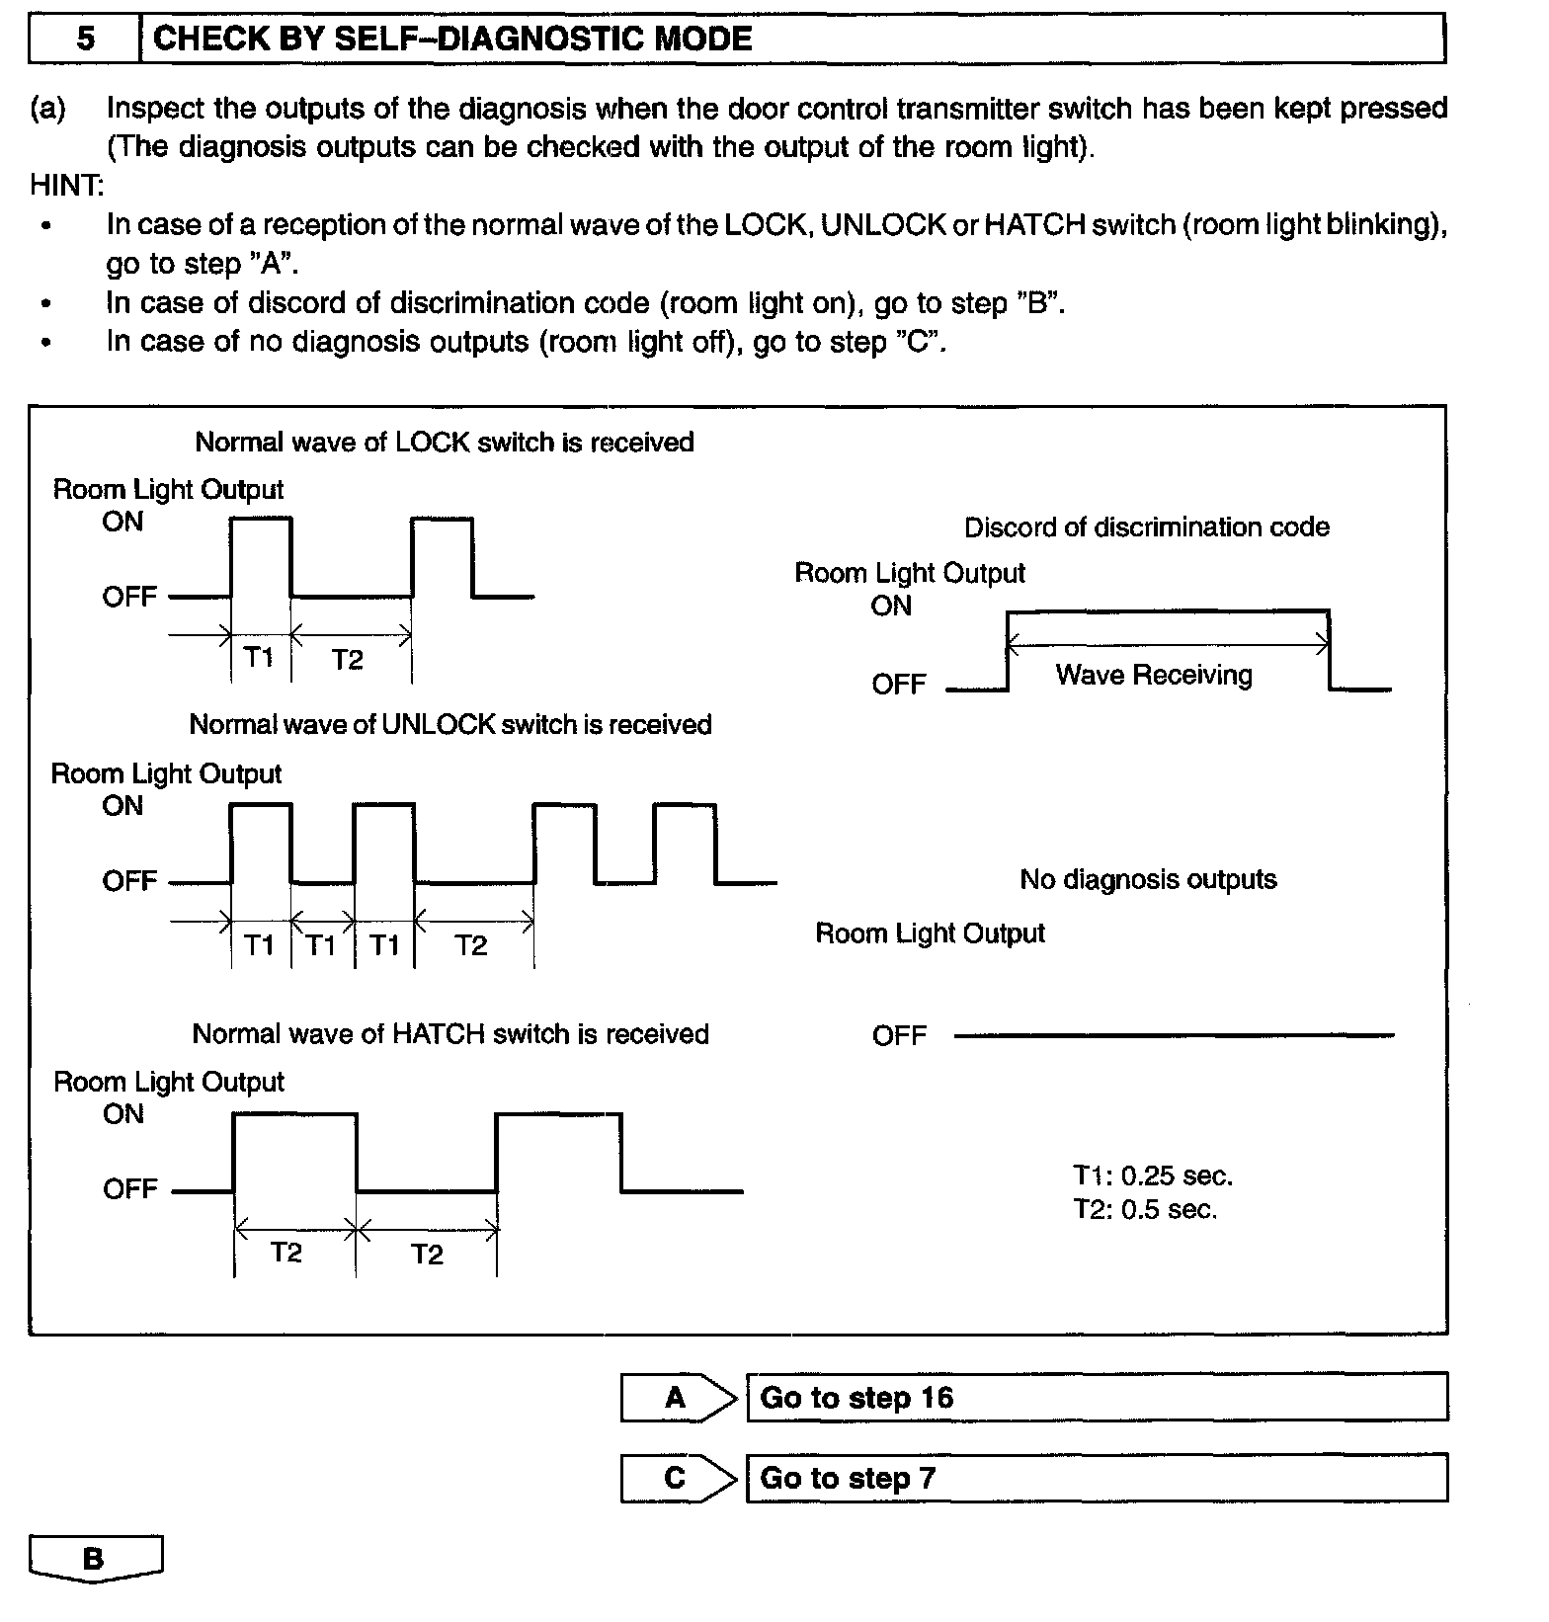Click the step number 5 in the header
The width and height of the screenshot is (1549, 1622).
[x=86, y=39]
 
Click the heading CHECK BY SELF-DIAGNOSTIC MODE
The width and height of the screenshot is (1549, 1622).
[x=452, y=39]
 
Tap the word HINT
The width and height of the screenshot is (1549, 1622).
[x=66, y=185]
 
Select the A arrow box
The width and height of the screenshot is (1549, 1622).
[x=677, y=1397]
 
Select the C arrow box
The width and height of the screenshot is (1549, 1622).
[x=677, y=1478]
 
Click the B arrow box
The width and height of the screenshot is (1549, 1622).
[x=95, y=1559]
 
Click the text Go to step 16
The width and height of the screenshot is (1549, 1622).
[x=856, y=1397]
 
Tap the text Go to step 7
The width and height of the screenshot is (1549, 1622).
[x=848, y=1478]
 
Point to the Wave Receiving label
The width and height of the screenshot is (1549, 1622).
[x=1154, y=675]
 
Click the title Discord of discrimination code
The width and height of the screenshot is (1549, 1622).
[x=1146, y=527]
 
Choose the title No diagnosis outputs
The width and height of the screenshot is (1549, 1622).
[x=1148, y=879]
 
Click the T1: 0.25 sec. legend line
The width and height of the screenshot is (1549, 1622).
[x=1153, y=1176]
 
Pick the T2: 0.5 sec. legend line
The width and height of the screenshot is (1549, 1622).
[x=1146, y=1209]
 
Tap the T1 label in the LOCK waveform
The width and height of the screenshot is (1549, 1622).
[x=259, y=657]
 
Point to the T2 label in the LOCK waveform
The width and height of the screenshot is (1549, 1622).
[x=347, y=659]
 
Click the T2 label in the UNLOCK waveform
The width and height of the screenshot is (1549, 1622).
[x=471, y=945]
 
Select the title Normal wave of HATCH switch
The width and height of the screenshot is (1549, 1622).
[x=450, y=1033]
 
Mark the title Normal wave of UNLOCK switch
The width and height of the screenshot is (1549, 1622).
[x=450, y=724]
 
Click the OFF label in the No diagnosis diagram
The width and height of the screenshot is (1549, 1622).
[x=899, y=1035]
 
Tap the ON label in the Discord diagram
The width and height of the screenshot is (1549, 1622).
[x=891, y=606]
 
